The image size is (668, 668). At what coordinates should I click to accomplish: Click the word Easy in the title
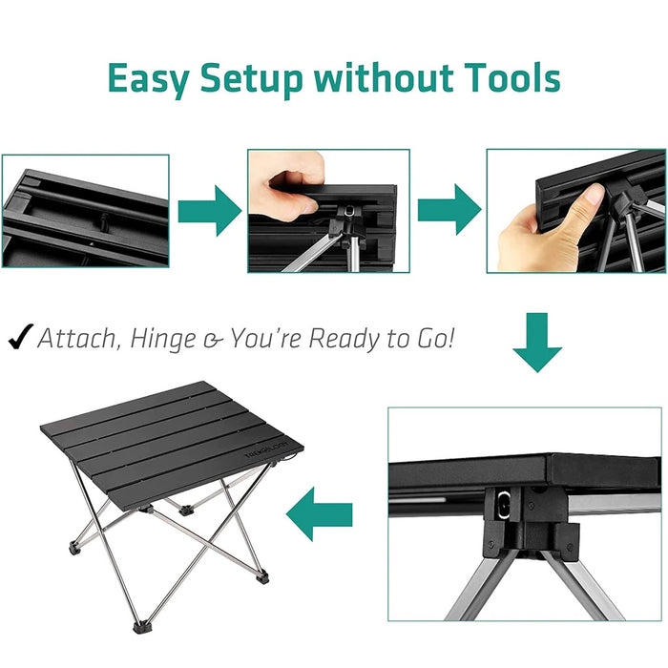pos(148,79)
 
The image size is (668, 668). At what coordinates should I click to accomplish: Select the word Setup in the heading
pos(251,79)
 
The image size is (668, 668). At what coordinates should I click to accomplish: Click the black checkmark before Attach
pos(21,337)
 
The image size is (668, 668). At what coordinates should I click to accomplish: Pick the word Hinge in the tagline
pos(163,340)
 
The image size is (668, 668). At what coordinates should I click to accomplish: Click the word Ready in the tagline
pos(344,340)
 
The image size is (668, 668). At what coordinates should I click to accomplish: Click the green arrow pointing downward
pos(537,342)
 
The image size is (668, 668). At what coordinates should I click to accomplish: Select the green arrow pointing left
pos(319,514)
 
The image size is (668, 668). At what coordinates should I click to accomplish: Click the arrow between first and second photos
pos(210,211)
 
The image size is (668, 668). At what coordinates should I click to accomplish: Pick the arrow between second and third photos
pos(449,210)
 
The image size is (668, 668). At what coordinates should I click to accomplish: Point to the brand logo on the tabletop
pos(266,449)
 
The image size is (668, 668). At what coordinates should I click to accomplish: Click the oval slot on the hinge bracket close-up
pos(504,505)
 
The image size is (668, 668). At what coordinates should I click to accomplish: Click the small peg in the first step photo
pos(102,221)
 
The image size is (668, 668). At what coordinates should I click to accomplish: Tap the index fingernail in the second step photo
pos(310,207)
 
